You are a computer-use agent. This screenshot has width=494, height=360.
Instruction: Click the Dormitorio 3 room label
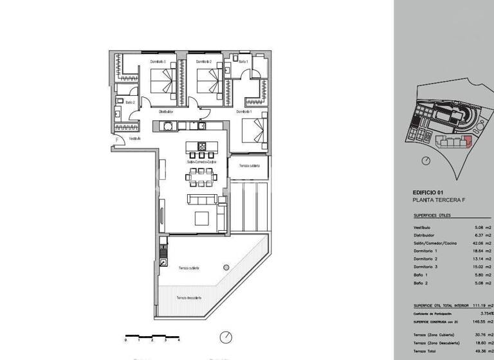[158, 62]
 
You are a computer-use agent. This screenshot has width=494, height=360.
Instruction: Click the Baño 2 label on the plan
[129, 102]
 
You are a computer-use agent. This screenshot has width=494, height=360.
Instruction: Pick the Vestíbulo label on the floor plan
[134, 138]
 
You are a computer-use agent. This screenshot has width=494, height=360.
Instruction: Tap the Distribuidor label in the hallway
[167, 111]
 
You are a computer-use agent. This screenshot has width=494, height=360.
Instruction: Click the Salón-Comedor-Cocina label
[201, 162]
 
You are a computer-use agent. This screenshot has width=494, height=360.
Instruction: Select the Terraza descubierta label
[189, 298]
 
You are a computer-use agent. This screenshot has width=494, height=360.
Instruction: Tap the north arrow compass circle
[226, 337]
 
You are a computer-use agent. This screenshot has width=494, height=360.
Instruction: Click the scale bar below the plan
[152, 335]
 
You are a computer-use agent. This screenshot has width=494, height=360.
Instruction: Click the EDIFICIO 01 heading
[428, 193]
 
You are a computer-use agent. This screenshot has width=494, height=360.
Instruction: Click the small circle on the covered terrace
[225, 265]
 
